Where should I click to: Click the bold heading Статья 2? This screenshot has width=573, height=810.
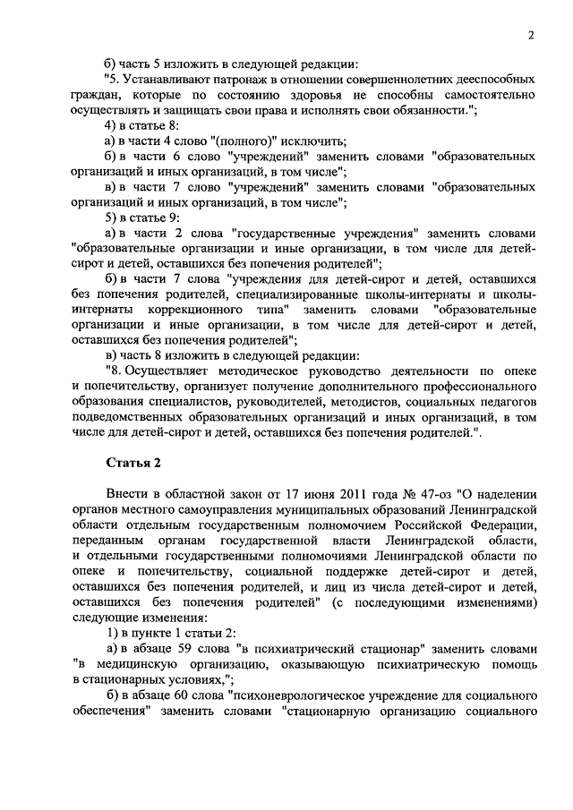(134, 462)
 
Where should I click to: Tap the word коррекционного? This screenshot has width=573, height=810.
(191, 309)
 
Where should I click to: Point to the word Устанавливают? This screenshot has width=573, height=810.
(169, 79)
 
